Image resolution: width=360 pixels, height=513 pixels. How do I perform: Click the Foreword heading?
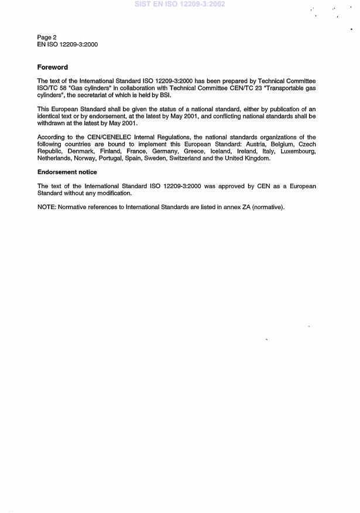53,67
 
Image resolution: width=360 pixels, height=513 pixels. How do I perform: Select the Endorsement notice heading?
67,172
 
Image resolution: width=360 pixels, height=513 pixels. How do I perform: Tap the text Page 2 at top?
47,37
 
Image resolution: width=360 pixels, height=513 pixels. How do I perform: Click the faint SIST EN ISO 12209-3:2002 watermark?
180,4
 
